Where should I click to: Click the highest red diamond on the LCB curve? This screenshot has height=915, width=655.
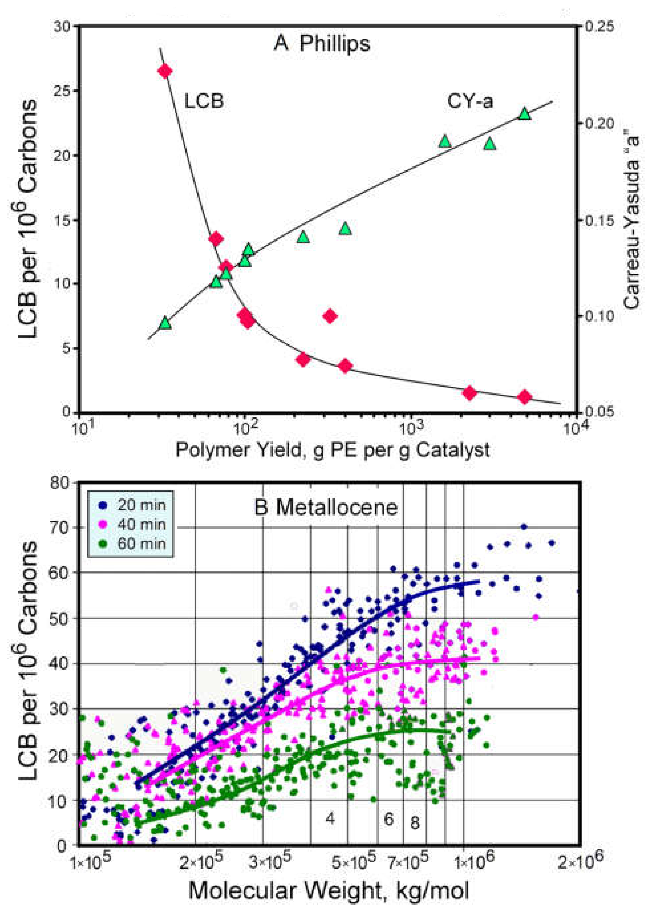[164, 71]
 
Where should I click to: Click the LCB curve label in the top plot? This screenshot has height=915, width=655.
[204, 101]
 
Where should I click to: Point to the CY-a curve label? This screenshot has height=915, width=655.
[470, 101]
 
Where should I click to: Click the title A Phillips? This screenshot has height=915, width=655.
[322, 43]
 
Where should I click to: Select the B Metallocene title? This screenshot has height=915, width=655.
[326, 508]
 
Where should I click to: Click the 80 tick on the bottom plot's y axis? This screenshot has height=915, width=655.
[60, 483]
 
